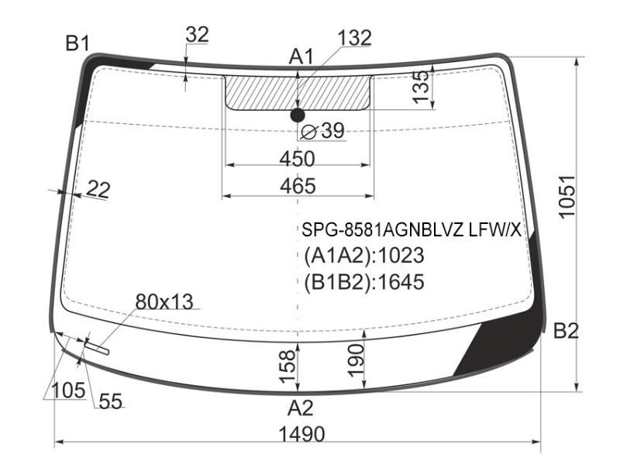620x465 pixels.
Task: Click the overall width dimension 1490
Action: coord(301,434)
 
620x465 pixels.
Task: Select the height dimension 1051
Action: coord(567,197)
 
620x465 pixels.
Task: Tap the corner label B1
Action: coord(77,43)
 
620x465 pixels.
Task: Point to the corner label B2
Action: coord(566,331)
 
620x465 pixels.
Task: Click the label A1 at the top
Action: coord(301,57)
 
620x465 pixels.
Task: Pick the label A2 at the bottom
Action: coord(301,408)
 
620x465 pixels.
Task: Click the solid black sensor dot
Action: coord(298,115)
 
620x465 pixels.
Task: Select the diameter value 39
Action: coord(332,130)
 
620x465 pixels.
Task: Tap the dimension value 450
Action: coord(298,159)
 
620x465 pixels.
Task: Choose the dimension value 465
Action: coord(298,186)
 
